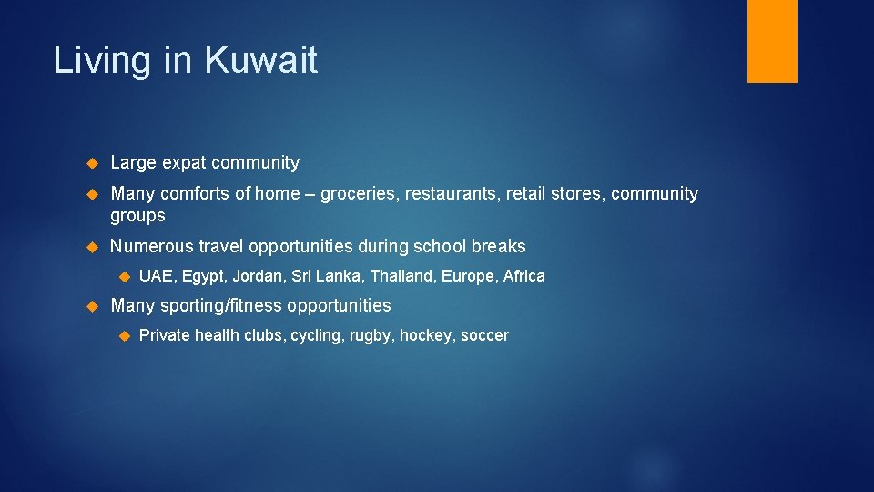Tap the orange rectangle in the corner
pyautogui.click(x=772, y=40)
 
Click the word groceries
pyautogui.click(x=361, y=194)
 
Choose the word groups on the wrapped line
pyautogui.click(x=137, y=216)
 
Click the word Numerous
pyautogui.click(x=147, y=246)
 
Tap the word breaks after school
pyautogui.click(x=498, y=246)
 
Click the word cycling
pyautogui.click(x=318, y=335)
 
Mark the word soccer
pyautogui.click(x=484, y=335)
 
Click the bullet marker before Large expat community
pyautogui.click(x=91, y=164)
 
